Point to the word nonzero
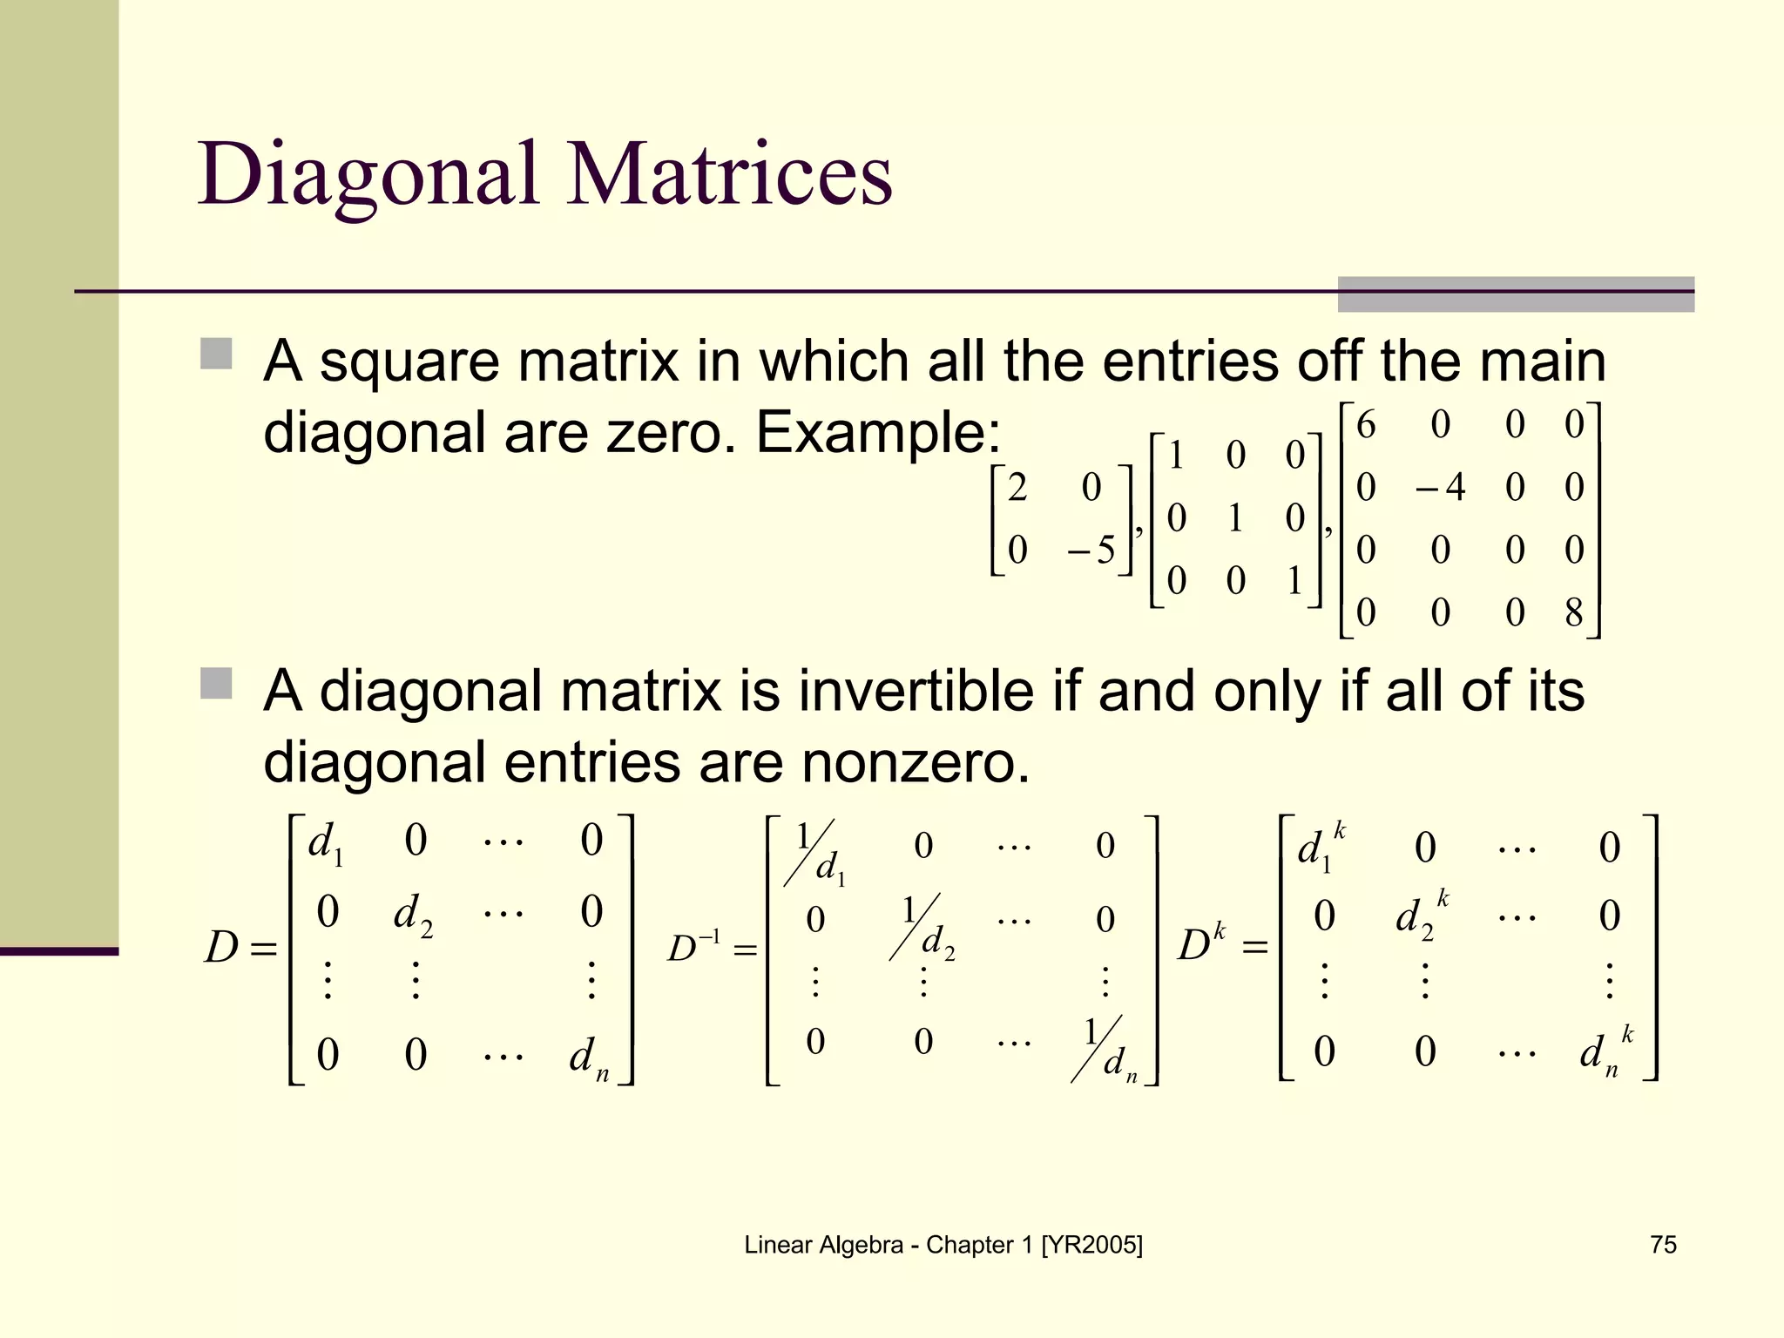[915, 762]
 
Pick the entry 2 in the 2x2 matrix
[1017, 487]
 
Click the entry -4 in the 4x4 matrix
[1441, 487]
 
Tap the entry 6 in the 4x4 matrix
[1366, 425]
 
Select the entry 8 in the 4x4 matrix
[1573, 612]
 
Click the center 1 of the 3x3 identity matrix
[1234, 518]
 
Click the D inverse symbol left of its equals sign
[694, 948]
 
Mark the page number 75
[1663, 1245]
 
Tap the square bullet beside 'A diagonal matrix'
[216, 683]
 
